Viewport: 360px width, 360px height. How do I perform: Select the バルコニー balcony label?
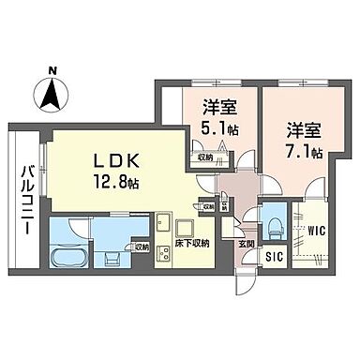[25, 200]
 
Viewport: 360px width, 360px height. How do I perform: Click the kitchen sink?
[162, 223]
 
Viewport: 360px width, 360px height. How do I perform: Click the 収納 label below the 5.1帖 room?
[206, 157]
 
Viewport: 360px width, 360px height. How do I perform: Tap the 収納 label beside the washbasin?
[141, 247]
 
